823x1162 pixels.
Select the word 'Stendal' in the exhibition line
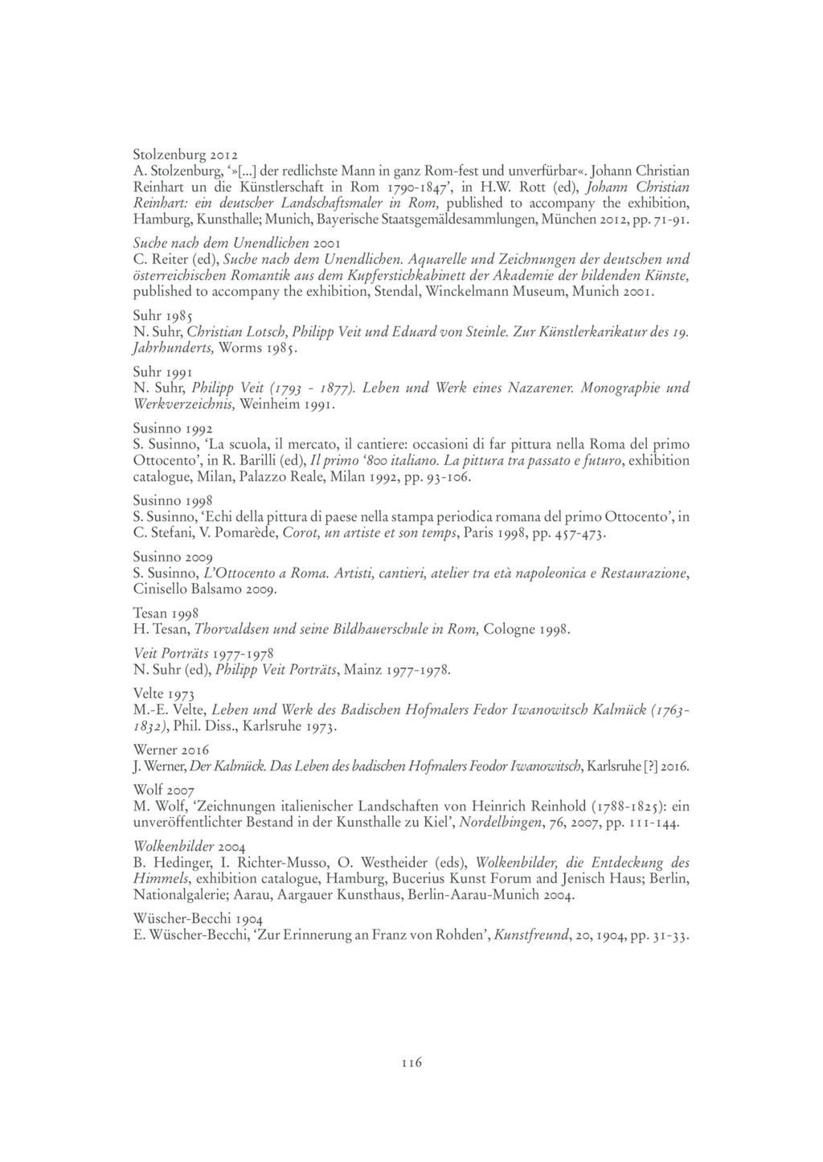pyautogui.click(x=398, y=293)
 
